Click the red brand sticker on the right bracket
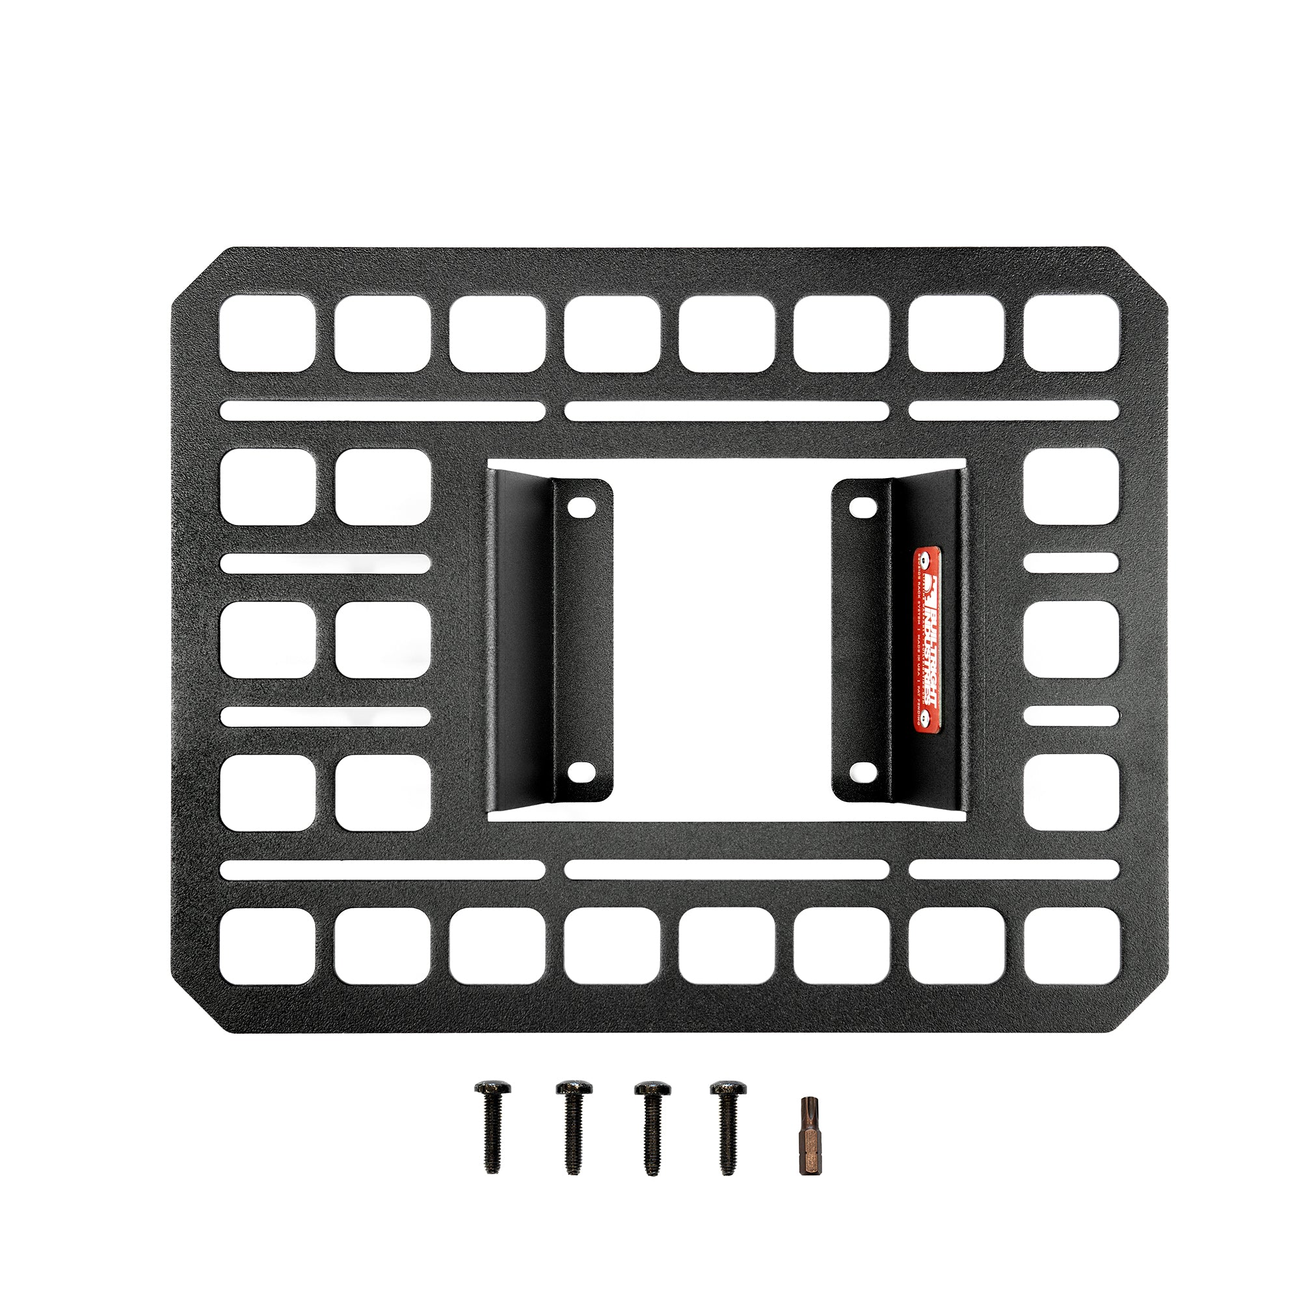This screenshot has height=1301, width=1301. click(927, 637)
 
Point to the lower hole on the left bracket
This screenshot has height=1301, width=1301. click(578, 770)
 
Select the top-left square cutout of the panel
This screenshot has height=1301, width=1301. click(267, 333)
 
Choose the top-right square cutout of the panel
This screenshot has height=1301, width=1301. click(1071, 333)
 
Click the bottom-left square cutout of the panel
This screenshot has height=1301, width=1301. click(267, 946)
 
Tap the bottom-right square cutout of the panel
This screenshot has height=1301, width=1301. click(1071, 946)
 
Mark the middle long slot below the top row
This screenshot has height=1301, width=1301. click(727, 410)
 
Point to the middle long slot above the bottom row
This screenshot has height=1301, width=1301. click(727, 869)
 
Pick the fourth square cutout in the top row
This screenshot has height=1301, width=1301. click(611, 333)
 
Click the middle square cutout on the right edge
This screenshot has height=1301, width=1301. click(1071, 639)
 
